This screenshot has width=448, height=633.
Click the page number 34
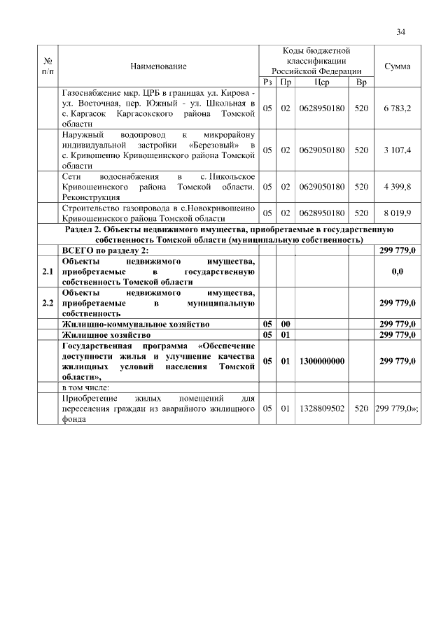(x=401, y=31)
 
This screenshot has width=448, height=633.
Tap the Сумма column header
(x=398, y=66)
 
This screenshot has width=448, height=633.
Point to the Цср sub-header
(x=322, y=83)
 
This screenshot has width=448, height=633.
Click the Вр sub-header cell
(x=361, y=83)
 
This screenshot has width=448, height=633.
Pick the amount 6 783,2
(x=398, y=108)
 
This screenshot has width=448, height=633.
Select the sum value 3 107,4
(x=398, y=150)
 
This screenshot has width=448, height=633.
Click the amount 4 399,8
(x=398, y=187)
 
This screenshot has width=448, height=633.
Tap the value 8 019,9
(x=398, y=213)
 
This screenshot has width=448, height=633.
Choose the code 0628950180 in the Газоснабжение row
(x=322, y=108)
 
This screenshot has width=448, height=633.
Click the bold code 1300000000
(x=322, y=361)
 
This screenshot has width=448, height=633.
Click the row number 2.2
(x=48, y=303)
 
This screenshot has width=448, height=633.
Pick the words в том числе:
(x=86, y=387)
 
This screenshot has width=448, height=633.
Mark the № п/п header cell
(x=48, y=66)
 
